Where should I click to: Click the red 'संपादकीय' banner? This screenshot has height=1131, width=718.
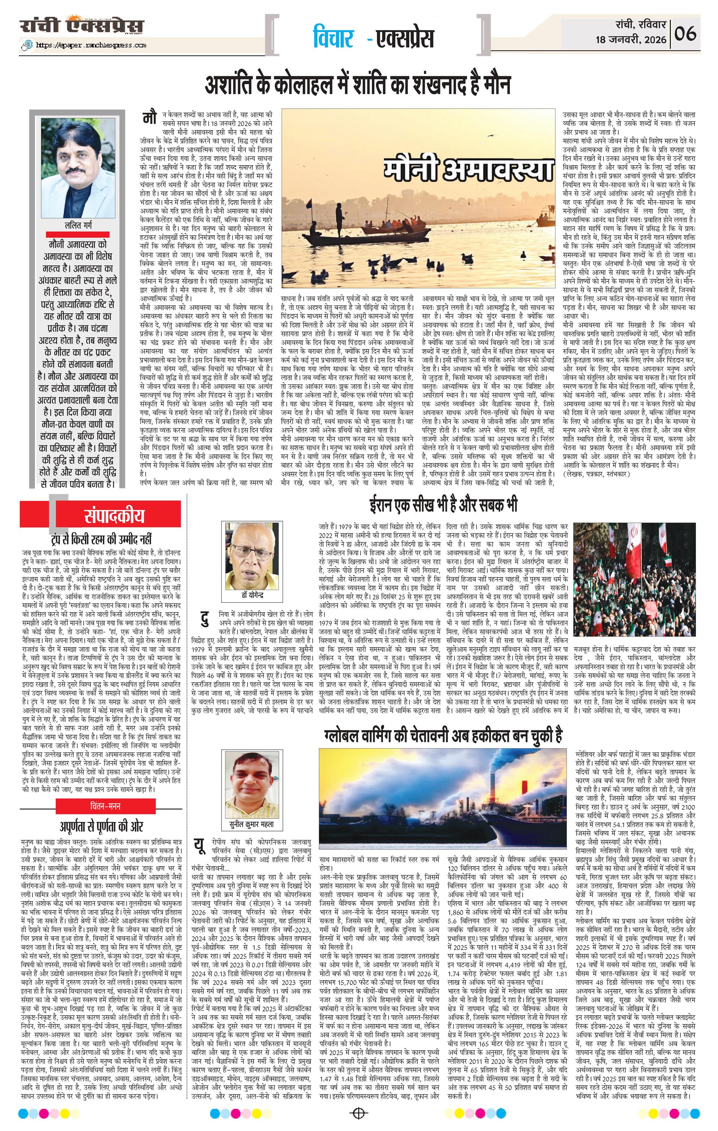[x=115, y=516]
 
